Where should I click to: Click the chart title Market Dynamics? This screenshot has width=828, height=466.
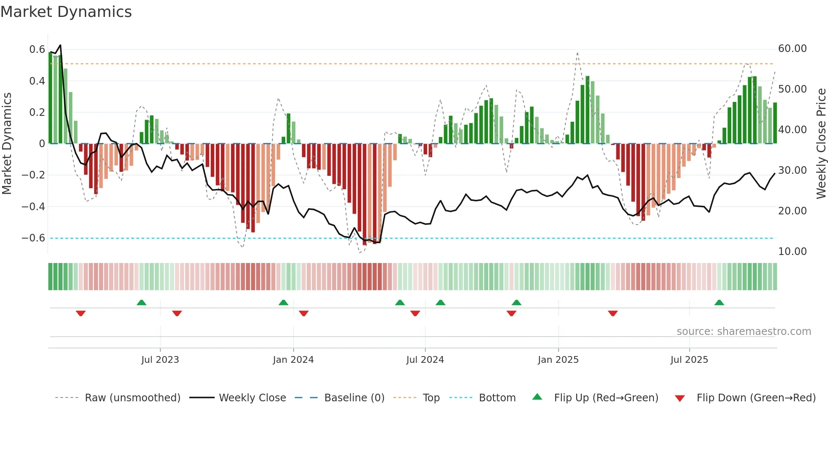click(x=66, y=12)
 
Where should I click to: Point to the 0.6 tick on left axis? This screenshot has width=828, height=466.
click(x=37, y=49)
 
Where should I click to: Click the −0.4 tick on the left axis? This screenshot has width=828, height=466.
click(x=33, y=206)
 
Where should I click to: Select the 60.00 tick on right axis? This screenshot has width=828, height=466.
click(x=792, y=49)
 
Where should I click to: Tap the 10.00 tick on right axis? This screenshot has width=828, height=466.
click(x=792, y=252)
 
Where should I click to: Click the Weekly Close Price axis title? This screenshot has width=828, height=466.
click(x=821, y=144)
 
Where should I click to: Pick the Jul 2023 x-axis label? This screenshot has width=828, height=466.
click(x=160, y=360)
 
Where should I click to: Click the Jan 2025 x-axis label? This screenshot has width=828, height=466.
click(x=558, y=360)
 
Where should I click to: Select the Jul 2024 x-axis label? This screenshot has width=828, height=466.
click(x=425, y=360)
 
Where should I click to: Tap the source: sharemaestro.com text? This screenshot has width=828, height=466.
click(x=744, y=332)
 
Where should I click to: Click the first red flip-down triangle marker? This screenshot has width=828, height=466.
click(x=81, y=313)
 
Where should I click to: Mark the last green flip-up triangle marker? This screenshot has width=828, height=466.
click(x=719, y=302)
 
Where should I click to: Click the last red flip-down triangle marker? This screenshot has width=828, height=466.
click(x=613, y=313)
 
